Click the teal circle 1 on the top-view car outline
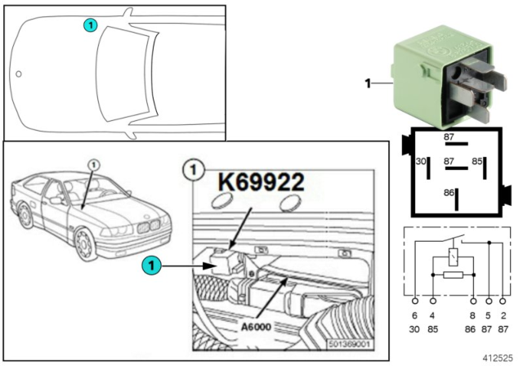click(90, 25)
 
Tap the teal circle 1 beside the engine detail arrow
click(150, 264)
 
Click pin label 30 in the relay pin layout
click(422, 163)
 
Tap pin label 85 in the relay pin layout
click(476, 163)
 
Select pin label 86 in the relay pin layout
click(446, 192)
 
